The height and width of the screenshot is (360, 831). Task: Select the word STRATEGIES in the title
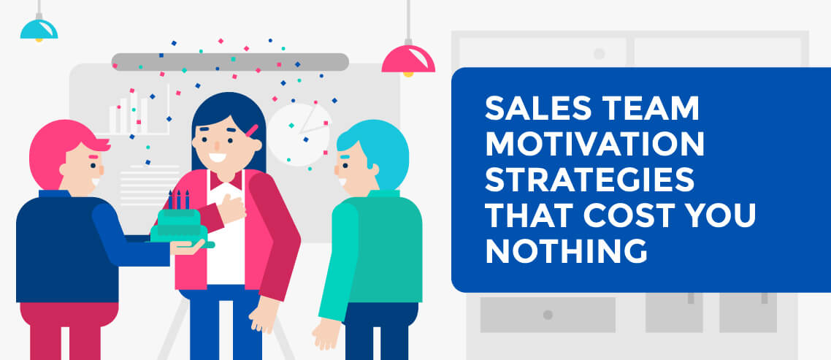590,180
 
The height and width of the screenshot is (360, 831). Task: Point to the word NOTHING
566,251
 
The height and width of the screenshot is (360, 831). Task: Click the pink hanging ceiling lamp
408,59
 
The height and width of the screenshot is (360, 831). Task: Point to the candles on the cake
178,200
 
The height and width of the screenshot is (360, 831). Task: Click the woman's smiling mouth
217,158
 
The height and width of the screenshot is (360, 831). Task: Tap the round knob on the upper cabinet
600,53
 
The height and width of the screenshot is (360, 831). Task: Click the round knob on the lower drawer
548,315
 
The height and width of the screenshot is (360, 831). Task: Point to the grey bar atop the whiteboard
230,62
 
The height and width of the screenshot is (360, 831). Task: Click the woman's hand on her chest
233,207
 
